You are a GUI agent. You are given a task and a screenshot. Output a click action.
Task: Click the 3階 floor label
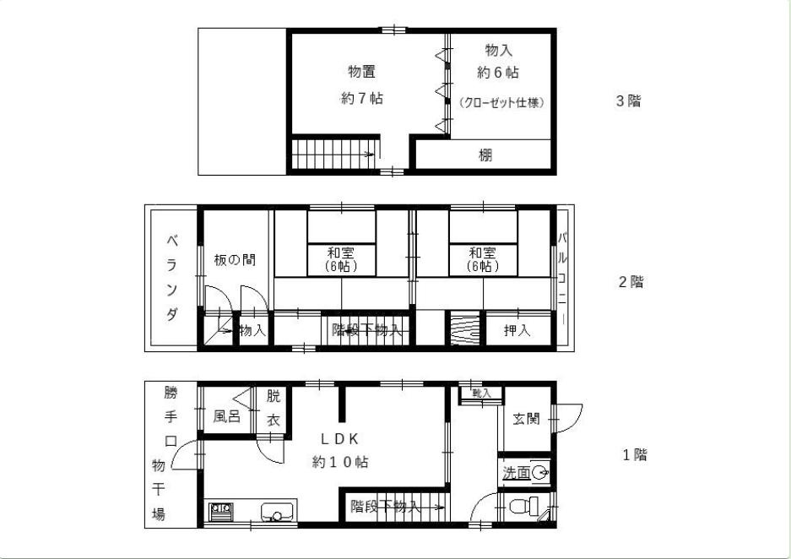click(628, 101)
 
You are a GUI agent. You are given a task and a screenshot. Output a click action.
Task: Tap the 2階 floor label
click(631, 282)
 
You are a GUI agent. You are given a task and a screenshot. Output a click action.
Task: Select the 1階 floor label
click(634, 455)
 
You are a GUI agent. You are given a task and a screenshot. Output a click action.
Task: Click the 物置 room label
click(361, 71)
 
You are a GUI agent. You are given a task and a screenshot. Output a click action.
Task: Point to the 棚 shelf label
click(485, 155)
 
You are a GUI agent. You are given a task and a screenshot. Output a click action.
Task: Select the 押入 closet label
click(517, 330)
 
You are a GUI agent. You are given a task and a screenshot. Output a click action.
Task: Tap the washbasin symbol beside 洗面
click(539, 474)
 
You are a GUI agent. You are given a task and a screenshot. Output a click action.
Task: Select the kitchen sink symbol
click(278, 512)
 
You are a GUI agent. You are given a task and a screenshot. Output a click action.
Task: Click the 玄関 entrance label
click(526, 419)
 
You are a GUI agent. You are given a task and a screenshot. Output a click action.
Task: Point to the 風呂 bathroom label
click(226, 416)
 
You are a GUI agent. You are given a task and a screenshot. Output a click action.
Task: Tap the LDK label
click(340, 439)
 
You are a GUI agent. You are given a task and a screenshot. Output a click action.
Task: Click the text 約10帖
click(339, 462)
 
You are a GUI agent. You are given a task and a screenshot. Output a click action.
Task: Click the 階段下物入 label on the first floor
click(385, 507)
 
